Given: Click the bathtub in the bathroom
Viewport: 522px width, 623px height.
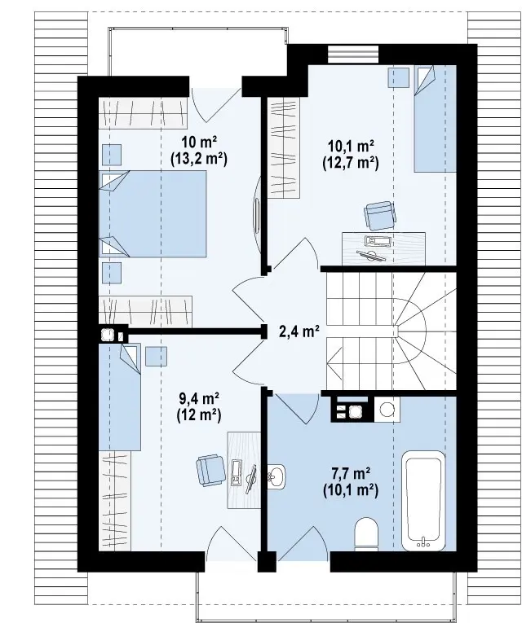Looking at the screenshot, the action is click(424, 501).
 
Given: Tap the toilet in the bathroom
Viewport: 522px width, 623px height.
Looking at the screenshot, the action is click(366, 534).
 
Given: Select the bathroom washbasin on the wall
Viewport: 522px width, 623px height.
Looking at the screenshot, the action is click(276, 476).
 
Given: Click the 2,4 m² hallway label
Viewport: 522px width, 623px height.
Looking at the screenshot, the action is click(299, 331).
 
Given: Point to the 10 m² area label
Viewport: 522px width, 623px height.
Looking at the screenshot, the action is click(199, 142).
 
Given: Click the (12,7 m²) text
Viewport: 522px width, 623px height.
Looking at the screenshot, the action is click(350, 163).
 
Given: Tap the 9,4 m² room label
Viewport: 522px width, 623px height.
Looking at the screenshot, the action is click(199, 397).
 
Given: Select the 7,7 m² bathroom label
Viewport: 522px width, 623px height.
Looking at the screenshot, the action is click(351, 473).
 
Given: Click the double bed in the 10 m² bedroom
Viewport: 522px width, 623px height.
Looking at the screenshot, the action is click(153, 214).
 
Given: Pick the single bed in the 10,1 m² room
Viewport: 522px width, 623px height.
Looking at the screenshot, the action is click(435, 119).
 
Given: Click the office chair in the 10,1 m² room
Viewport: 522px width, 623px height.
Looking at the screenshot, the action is click(380, 216).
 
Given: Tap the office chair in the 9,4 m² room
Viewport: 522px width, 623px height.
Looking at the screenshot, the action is click(210, 470).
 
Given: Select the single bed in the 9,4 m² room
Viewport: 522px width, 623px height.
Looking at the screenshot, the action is click(120, 397).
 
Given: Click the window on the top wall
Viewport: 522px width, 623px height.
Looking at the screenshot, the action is click(353, 55).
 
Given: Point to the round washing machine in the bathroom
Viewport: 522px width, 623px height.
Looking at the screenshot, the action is click(387, 409).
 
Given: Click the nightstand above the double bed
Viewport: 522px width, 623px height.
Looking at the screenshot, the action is click(112, 155).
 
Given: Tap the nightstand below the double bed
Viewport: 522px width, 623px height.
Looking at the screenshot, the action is click(112, 273).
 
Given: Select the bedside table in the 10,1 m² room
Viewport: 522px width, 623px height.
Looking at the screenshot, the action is click(399, 77).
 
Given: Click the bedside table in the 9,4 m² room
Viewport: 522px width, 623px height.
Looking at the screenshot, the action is click(156, 357).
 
